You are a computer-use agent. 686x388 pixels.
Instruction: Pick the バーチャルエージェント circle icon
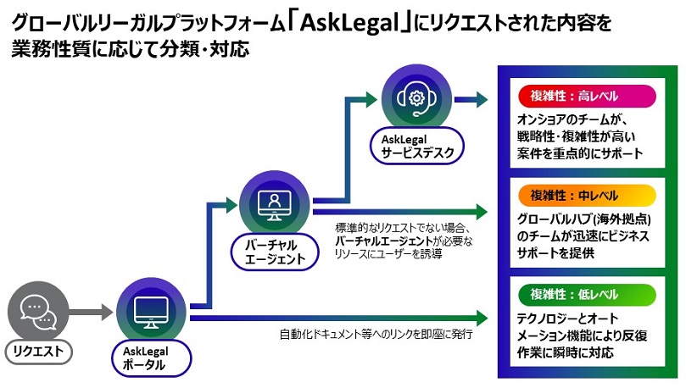[273, 204]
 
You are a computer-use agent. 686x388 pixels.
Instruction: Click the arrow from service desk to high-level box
[471, 99]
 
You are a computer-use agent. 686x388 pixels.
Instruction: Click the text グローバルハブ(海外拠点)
[586, 219]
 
